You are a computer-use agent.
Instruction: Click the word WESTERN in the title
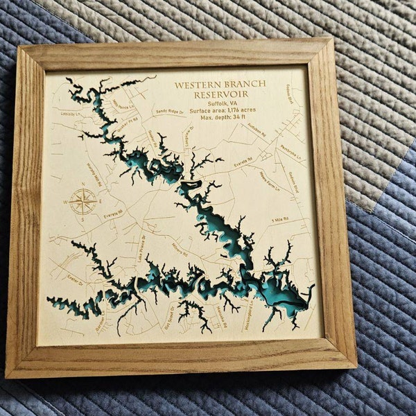click(x=195, y=84)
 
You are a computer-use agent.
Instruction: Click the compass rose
click(x=83, y=202)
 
